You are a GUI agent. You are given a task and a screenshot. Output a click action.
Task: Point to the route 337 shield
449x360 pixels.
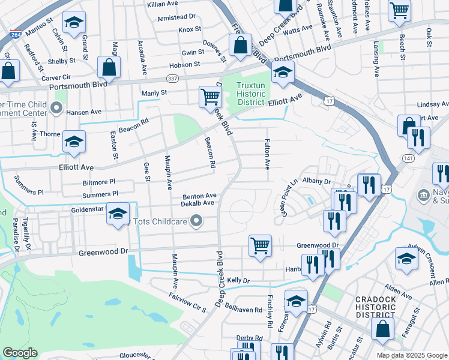[x=172, y=79]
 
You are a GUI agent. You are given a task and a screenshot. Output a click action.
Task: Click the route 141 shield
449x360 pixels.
[x=408, y=158]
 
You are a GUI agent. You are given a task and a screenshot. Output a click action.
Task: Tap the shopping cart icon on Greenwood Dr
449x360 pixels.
[x=260, y=245]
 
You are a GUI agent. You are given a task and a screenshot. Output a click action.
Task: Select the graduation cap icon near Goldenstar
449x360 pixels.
[x=118, y=214]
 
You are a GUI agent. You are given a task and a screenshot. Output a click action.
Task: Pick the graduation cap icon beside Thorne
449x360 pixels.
[x=74, y=141]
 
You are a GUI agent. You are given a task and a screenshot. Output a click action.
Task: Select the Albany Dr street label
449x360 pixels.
[x=317, y=181]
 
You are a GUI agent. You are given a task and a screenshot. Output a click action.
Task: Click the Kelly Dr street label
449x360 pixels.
[x=238, y=280]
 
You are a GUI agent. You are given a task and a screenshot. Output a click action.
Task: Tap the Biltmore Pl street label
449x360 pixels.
[x=99, y=181]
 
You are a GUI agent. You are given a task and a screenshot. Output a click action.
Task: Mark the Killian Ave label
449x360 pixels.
[x=162, y=4]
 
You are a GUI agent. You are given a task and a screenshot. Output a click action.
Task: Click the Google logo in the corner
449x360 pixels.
[x=20, y=353]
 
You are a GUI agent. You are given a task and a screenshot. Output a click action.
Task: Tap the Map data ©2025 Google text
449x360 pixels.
[x=411, y=355]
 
